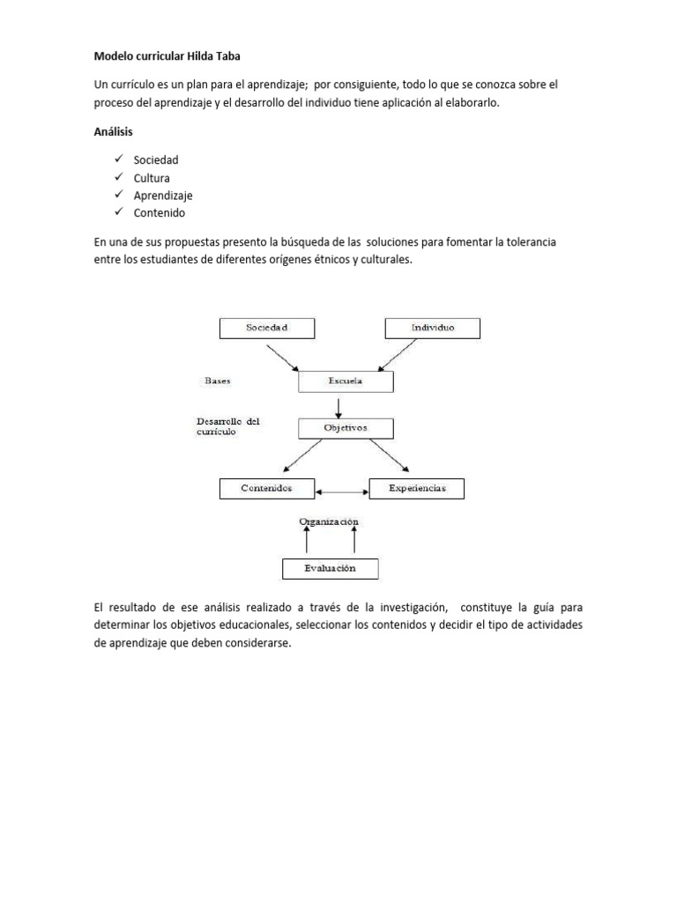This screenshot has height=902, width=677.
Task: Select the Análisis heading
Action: tap(115, 131)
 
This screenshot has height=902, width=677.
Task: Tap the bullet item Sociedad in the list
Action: tap(156, 160)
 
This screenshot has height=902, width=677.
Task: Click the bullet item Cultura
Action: tap(152, 178)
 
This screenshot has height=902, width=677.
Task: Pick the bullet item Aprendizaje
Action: tap(163, 196)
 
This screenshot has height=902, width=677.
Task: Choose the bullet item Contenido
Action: tap(160, 213)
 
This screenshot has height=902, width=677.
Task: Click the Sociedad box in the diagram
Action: tap(266, 328)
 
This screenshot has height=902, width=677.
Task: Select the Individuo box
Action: tap(433, 328)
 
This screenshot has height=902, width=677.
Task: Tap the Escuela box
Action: tap(346, 382)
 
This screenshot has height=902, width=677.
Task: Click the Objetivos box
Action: tap(346, 428)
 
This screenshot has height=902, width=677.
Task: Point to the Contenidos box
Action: tap(266, 488)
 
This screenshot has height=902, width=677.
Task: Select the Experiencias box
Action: tap(416, 488)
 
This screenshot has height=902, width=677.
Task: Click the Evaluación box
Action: tap(330, 568)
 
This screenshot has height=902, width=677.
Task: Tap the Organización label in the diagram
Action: tap(329, 521)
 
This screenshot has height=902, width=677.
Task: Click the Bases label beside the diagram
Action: tap(218, 381)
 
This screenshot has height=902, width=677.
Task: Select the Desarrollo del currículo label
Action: tap(227, 427)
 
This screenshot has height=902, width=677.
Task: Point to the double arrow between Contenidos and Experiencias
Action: tap(343, 490)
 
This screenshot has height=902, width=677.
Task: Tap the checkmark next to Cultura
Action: tap(118, 178)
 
